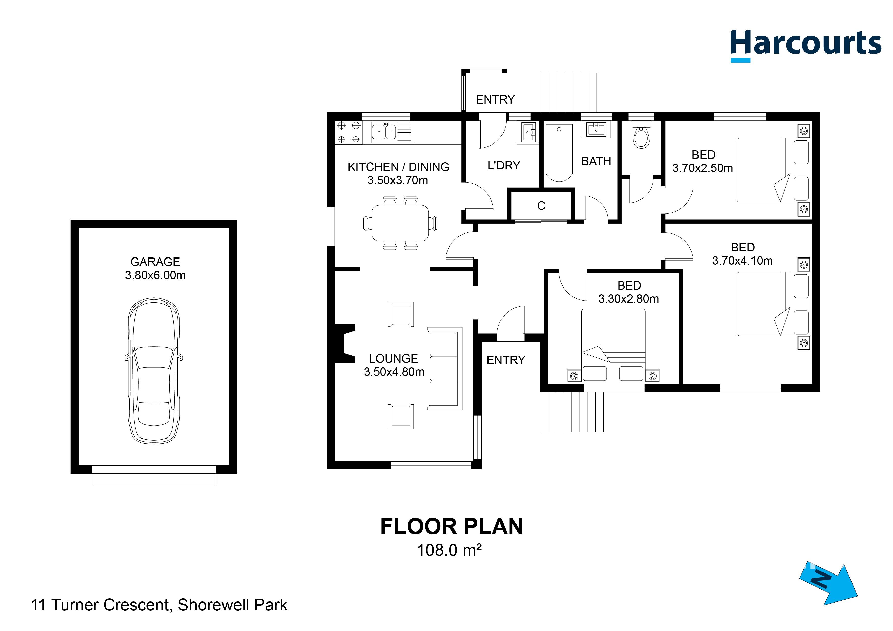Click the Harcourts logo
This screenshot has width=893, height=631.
click(805, 45)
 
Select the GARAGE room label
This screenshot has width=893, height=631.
click(155, 262)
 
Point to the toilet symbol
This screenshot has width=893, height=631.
click(641, 136)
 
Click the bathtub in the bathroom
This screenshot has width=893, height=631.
click(559, 152)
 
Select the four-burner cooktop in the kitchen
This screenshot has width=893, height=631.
click(348, 132)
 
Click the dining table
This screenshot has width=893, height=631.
click(400, 224)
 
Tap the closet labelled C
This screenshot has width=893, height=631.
click(541, 206)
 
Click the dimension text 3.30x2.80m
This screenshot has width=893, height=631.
click(629, 299)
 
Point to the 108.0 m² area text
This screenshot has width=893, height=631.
click(449, 550)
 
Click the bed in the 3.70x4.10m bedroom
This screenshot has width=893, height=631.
click(773, 304)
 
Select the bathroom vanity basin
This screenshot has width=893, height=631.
click(596, 130)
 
